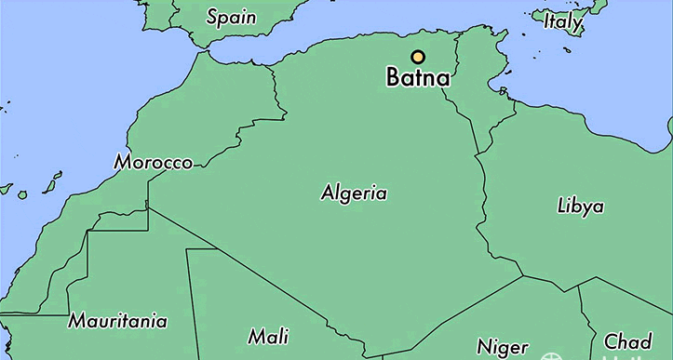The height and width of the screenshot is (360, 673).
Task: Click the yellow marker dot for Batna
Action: (x=417, y=56)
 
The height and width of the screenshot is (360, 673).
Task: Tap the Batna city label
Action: (x=418, y=79)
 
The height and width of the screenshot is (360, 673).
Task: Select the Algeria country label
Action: (x=354, y=193)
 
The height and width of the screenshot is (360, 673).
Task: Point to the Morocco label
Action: (x=154, y=163)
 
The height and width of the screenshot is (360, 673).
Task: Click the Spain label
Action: (x=232, y=17)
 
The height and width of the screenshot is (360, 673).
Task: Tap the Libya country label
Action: (x=580, y=206)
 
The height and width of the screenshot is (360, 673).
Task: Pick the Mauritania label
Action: (x=117, y=322)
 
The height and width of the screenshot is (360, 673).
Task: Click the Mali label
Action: (x=268, y=335)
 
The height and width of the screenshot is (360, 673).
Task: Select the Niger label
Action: (x=503, y=346)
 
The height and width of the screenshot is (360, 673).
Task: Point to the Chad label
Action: (x=628, y=340)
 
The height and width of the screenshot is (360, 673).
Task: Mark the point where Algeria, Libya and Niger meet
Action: (x=523, y=276)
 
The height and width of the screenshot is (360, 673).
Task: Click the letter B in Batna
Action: (x=394, y=79)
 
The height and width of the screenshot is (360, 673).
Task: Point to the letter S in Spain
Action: (x=211, y=17)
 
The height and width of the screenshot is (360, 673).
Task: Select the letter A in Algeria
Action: (x=327, y=193)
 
